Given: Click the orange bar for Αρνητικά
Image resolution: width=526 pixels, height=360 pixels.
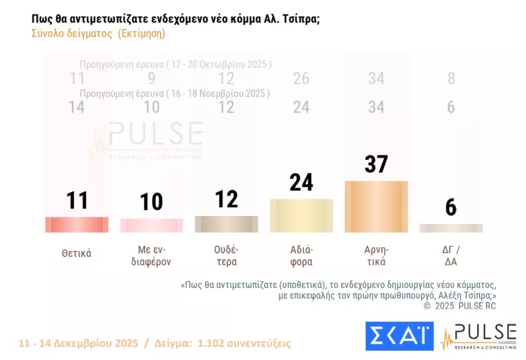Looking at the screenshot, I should click(x=376, y=207).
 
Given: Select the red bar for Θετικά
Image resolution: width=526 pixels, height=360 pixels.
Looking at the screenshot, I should click(x=77, y=225).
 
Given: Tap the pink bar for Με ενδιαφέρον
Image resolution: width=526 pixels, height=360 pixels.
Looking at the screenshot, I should click(x=151, y=225).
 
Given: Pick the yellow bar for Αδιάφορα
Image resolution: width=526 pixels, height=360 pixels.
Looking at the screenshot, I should click(x=301, y=215).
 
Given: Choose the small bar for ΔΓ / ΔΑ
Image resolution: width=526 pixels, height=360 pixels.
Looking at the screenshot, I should click(x=451, y=228).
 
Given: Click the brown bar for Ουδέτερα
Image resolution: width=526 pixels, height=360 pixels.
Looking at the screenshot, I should click(x=226, y=224).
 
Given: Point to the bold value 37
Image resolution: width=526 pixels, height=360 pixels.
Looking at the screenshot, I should click(x=376, y=164).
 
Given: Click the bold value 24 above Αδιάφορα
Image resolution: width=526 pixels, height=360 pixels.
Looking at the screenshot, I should click(x=301, y=182).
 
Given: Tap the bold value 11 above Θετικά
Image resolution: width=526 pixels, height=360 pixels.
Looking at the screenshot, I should click(x=77, y=200).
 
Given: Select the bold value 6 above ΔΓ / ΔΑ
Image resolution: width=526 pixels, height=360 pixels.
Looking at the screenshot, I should click(x=451, y=207).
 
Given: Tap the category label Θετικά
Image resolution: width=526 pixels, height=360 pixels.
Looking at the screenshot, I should click(x=77, y=253).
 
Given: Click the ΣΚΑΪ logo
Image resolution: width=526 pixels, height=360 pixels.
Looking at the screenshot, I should click(x=399, y=336).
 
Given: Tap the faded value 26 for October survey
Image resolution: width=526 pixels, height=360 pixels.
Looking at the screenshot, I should click(x=301, y=79).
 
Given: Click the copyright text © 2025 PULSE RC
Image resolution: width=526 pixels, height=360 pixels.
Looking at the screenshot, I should click(x=459, y=306).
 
